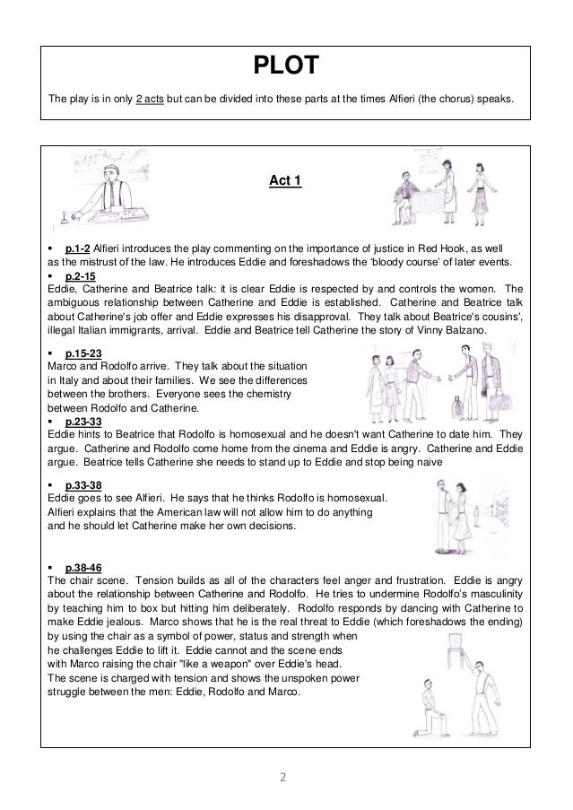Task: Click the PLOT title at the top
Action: (x=286, y=65)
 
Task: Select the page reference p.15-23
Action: (x=85, y=353)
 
